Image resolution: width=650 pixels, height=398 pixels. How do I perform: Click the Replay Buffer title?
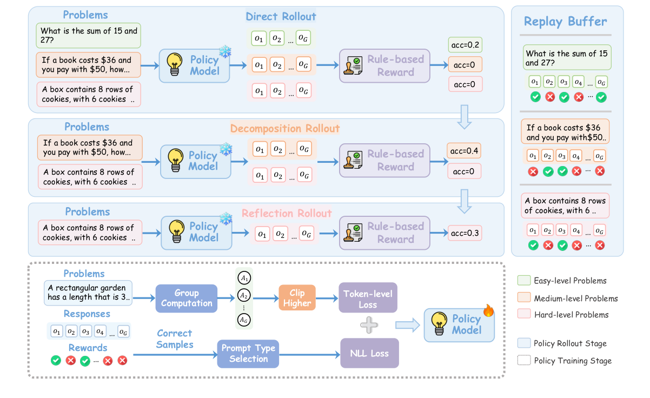pyautogui.click(x=565, y=22)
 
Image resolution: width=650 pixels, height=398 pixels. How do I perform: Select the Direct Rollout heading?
pyautogui.click(x=281, y=16)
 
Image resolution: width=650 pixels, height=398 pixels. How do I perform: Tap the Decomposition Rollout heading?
pyautogui.click(x=285, y=128)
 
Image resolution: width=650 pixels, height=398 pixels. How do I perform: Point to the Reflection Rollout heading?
pyautogui.click(x=287, y=213)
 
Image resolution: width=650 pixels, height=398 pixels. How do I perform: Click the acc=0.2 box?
pyautogui.click(x=465, y=45)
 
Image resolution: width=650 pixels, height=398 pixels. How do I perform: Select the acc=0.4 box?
pyautogui.click(x=465, y=151)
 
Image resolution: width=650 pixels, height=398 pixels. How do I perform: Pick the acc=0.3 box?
pyautogui.click(x=465, y=233)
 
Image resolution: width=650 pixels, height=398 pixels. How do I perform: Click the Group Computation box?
pyautogui.click(x=187, y=298)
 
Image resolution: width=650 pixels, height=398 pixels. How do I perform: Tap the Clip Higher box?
pyautogui.click(x=297, y=298)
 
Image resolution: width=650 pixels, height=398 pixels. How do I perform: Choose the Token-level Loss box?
pyautogui.click(x=368, y=298)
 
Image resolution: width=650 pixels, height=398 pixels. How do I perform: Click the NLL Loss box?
pyautogui.click(x=369, y=354)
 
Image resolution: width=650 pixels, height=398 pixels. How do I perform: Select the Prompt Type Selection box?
pyautogui.click(x=248, y=354)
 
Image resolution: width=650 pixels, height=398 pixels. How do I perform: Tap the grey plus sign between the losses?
pyautogui.click(x=369, y=326)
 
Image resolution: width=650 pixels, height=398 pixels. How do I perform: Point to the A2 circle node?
pyautogui.click(x=244, y=296)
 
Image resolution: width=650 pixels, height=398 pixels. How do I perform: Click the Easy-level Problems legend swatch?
pyautogui.click(x=523, y=281)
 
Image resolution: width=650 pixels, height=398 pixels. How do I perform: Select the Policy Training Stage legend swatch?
pyautogui.click(x=523, y=361)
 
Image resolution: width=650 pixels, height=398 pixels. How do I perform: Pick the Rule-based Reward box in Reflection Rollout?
pyautogui.click(x=384, y=233)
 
